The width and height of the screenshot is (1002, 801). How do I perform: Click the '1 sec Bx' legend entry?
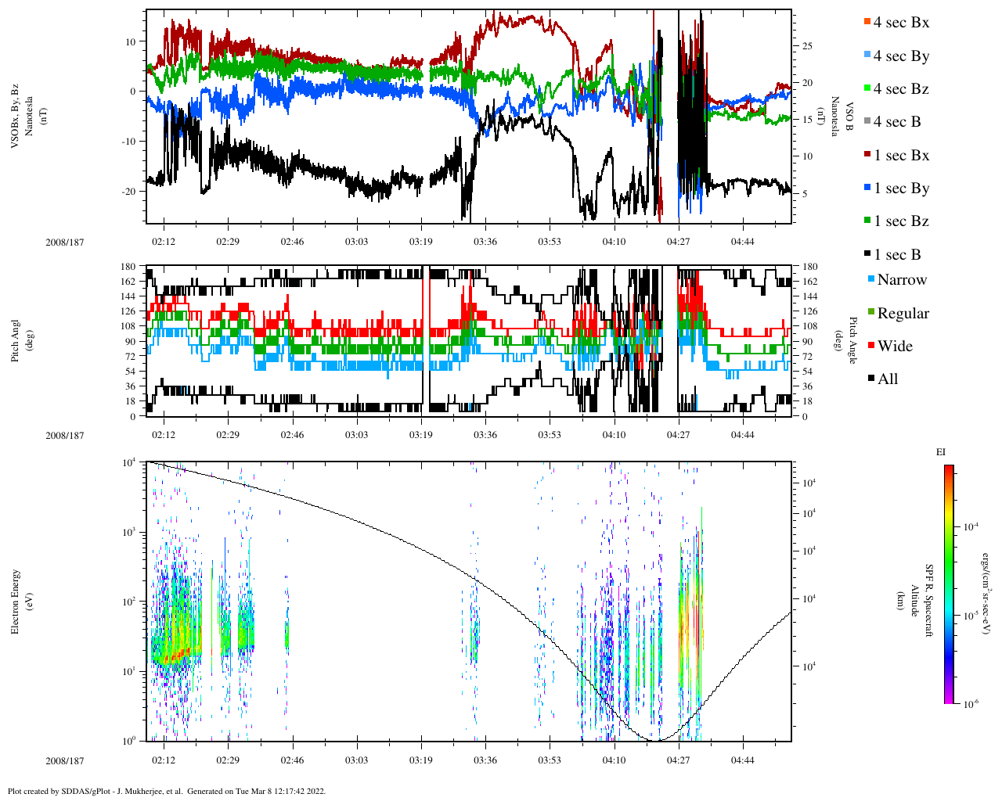pyautogui.click(x=900, y=156)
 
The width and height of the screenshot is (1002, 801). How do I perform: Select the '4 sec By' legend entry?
pyautogui.click(x=900, y=56)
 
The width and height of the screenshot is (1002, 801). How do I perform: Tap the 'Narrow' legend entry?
pyautogui.click(x=901, y=280)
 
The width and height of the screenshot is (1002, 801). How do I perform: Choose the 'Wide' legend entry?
pyautogui.click(x=894, y=347)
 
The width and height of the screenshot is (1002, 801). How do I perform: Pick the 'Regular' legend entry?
pyautogui.click(x=903, y=314)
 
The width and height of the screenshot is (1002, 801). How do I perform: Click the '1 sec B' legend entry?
pyautogui.click(x=896, y=255)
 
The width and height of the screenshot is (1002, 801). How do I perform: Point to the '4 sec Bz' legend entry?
pyautogui.click(x=900, y=89)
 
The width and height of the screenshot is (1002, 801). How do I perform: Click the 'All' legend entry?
pyautogui.click(x=887, y=379)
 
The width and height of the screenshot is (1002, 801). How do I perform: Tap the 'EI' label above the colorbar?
pyautogui.click(x=941, y=452)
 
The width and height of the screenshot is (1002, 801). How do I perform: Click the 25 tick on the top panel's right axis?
pyautogui.click(x=806, y=46)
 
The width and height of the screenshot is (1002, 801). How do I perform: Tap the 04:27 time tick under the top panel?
pyautogui.click(x=678, y=242)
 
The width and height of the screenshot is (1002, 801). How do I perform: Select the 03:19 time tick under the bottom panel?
pyautogui.click(x=421, y=760)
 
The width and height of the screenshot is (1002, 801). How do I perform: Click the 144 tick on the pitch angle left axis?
pyautogui.click(x=128, y=296)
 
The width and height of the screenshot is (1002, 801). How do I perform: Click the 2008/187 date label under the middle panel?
pyautogui.click(x=65, y=436)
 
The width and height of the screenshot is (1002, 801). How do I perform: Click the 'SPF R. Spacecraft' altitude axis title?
pyautogui.click(x=930, y=600)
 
